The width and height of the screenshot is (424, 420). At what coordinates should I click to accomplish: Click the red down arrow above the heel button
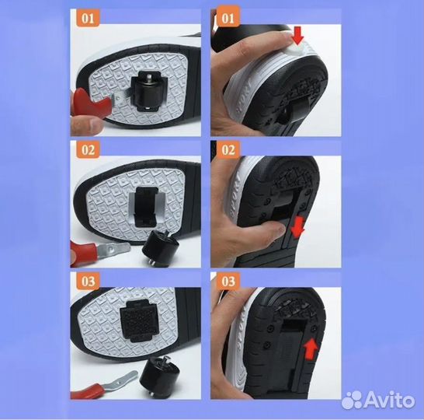(297, 35)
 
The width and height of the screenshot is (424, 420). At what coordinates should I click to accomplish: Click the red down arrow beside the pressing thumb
(297, 227)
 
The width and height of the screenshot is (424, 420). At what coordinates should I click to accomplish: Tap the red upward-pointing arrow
(311, 349)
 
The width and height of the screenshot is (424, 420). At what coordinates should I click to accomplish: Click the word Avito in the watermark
(389, 400)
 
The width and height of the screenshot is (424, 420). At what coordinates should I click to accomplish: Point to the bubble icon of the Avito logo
(352, 400)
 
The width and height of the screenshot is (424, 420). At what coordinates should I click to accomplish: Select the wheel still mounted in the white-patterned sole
(149, 92)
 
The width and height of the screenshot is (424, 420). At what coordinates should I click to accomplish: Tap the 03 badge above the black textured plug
(89, 282)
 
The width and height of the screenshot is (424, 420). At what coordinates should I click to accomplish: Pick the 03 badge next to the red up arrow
(228, 282)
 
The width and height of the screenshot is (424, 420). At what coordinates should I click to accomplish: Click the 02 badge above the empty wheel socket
(89, 150)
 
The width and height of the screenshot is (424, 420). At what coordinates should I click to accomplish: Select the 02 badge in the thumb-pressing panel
(228, 150)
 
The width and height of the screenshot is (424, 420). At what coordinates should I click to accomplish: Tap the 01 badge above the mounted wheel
(89, 18)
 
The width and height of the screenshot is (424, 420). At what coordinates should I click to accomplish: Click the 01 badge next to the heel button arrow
(228, 18)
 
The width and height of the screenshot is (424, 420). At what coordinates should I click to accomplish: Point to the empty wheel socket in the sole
(146, 207)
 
